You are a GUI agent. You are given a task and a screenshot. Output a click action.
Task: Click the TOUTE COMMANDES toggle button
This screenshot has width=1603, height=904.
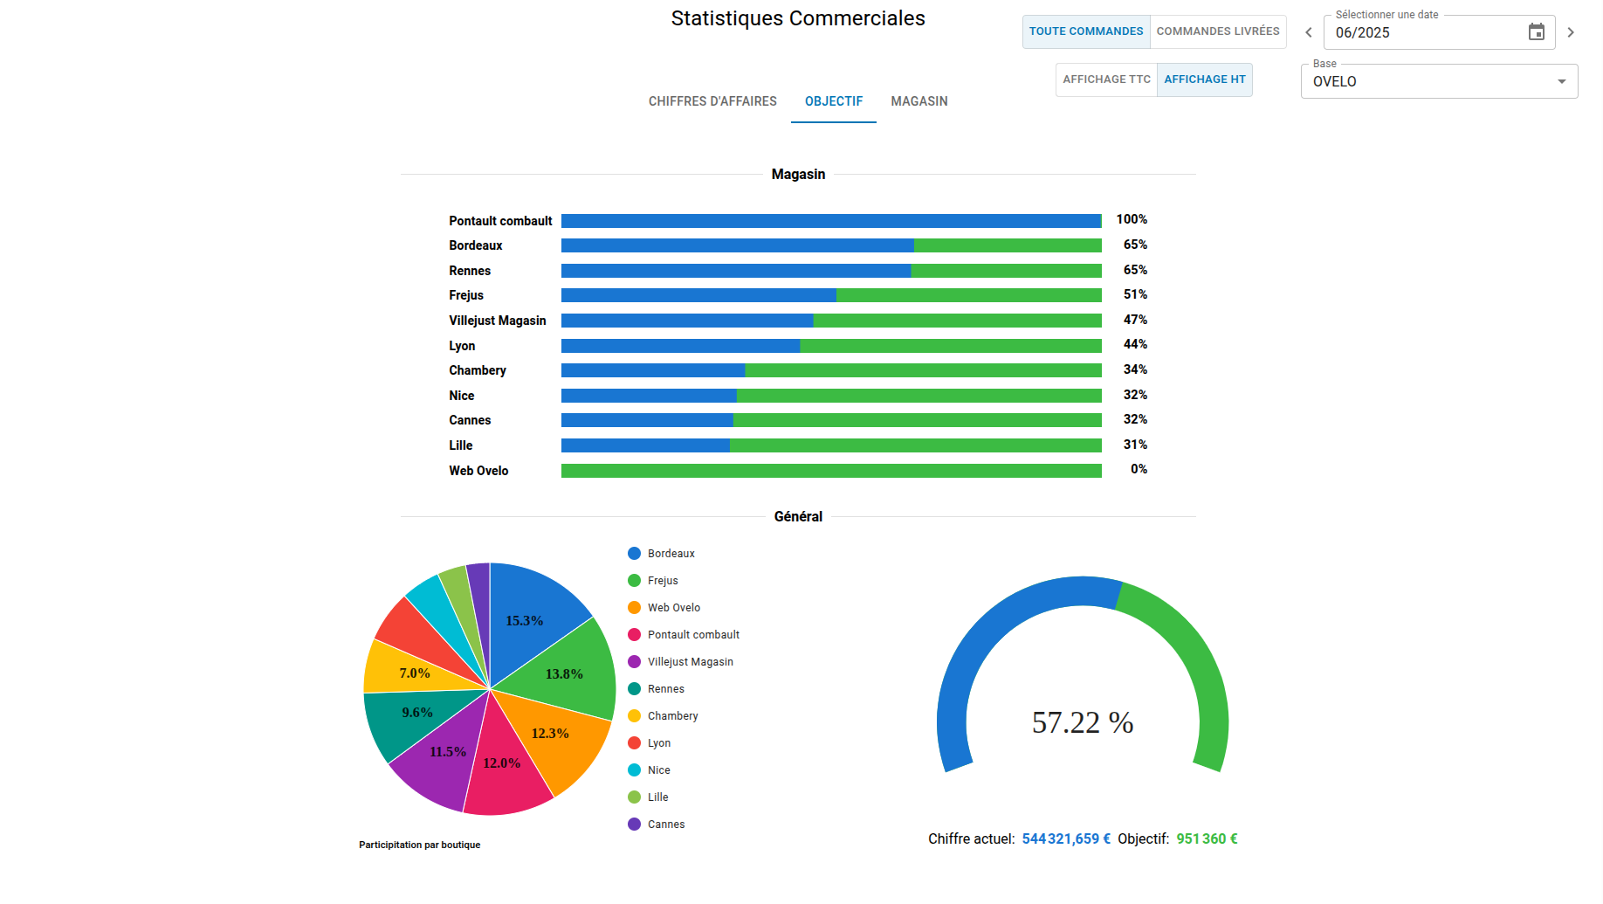point(1085,31)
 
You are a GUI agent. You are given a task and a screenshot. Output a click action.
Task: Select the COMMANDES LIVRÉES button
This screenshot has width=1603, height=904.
point(1217,31)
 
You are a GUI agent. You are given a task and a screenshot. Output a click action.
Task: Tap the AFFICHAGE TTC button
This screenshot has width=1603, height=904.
point(1106,79)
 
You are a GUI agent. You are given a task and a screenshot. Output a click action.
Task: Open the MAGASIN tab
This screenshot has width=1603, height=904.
point(918,101)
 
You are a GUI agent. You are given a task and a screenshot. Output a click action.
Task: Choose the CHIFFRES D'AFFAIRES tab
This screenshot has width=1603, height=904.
point(712,101)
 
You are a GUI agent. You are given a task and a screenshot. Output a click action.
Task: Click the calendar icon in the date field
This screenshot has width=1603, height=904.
point(1536,32)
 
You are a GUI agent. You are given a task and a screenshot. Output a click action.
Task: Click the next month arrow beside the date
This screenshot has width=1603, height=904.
point(1570,32)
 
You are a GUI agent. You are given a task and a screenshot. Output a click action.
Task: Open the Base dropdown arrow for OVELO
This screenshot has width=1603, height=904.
point(1561,81)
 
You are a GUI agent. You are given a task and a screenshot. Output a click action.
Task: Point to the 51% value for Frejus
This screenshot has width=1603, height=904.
point(1135,294)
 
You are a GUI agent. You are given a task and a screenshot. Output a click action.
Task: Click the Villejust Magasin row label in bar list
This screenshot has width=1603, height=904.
point(497,321)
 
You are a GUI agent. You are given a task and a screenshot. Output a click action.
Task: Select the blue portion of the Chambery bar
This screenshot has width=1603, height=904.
point(652,370)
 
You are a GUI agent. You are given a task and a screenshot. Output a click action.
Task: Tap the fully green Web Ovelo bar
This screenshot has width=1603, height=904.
point(830,471)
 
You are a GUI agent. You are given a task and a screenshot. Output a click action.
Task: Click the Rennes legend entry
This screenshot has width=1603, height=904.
point(665,689)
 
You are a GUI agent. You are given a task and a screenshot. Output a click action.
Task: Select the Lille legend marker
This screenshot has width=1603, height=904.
point(634,797)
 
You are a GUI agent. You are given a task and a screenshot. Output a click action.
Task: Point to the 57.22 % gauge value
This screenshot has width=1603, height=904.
point(1082,722)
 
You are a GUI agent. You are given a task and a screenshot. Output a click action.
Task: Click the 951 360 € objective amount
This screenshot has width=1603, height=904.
point(1207,838)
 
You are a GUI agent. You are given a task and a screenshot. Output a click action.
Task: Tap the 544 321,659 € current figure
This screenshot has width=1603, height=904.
point(1066,838)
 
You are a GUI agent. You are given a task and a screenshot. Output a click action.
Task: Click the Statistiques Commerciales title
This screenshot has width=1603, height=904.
point(797,18)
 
